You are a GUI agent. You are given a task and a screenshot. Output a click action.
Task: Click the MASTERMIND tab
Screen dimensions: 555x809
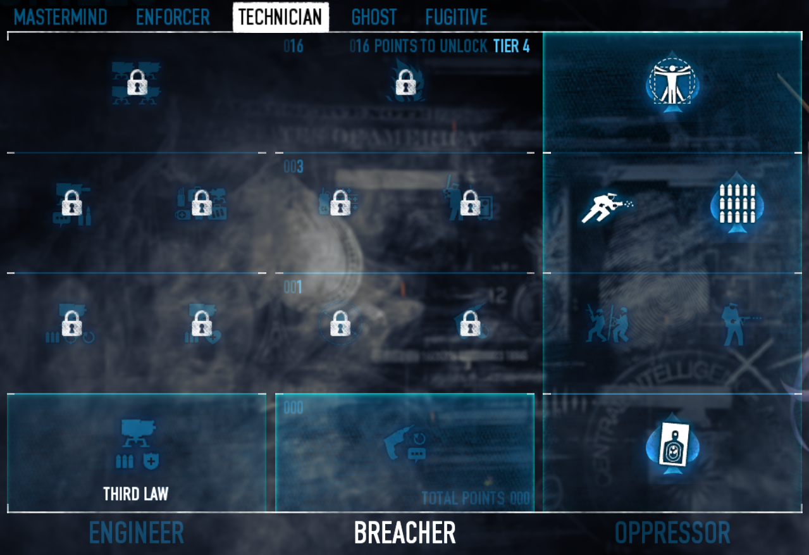coord(60,17)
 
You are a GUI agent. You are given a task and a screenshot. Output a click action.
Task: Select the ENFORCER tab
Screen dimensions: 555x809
coord(173,17)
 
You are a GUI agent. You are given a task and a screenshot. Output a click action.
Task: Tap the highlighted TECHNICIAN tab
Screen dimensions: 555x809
coord(280,17)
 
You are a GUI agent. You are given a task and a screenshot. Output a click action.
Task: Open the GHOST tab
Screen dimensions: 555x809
coord(374,17)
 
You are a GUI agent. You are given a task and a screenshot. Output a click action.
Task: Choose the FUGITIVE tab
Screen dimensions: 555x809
coord(456,17)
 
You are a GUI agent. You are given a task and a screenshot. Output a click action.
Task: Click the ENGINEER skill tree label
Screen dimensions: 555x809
coord(137,533)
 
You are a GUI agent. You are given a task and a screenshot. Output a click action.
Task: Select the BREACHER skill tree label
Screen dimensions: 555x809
coord(405,533)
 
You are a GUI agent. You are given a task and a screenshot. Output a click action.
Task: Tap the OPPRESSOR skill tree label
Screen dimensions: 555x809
coord(672,533)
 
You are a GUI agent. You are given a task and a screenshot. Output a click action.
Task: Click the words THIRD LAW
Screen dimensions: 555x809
coord(136,494)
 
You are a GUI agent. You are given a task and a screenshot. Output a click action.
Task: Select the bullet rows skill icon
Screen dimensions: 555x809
coord(733,202)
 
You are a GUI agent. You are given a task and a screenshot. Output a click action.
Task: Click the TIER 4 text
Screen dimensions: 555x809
coord(510,46)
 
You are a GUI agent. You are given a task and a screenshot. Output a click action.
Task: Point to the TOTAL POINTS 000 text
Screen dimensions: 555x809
coord(476,498)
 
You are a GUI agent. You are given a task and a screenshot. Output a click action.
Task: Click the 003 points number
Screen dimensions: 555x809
coord(293,166)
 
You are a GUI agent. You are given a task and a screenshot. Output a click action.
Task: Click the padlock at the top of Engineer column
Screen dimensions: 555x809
coord(137,83)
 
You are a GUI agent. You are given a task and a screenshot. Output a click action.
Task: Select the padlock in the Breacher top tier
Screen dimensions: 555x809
coord(405,83)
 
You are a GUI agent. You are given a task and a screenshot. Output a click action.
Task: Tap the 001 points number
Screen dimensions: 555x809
coord(293,287)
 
